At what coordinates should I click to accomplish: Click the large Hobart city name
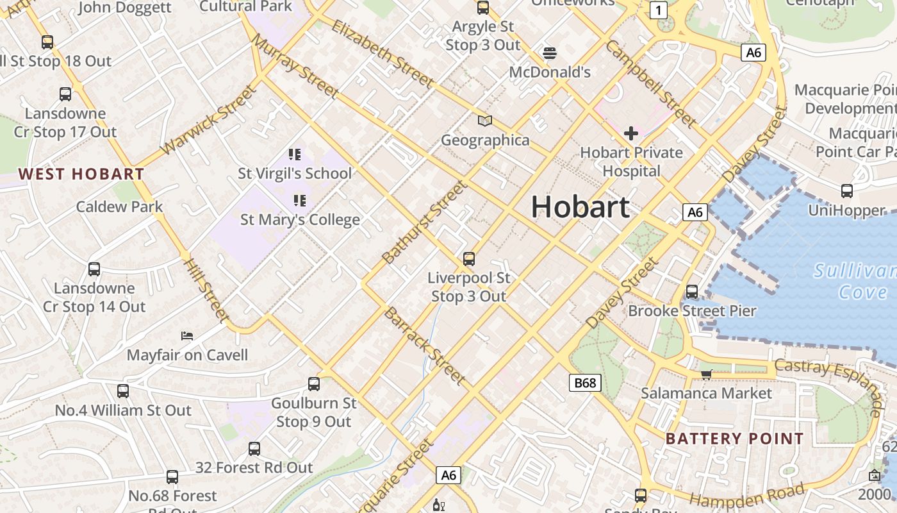(x=580, y=207)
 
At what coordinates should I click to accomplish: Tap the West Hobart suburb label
(x=81, y=174)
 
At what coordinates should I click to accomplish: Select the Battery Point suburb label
(x=734, y=439)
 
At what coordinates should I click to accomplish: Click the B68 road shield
(x=584, y=383)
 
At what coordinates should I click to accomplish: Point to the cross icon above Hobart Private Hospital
(x=631, y=133)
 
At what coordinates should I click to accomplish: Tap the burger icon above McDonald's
(x=549, y=53)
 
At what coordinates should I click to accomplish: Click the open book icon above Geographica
(x=485, y=121)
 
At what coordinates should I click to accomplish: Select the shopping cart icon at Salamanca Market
(x=706, y=374)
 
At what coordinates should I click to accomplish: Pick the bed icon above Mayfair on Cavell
(x=187, y=335)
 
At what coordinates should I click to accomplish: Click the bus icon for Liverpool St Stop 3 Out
(x=469, y=259)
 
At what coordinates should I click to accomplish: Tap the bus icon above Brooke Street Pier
(x=692, y=291)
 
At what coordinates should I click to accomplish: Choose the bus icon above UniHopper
(x=847, y=190)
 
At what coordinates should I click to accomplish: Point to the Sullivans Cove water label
(x=855, y=281)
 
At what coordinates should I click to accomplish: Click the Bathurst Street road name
(x=424, y=222)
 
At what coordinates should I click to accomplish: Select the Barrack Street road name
(x=424, y=346)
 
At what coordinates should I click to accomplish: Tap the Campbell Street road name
(x=650, y=83)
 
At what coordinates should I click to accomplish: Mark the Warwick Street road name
(x=208, y=120)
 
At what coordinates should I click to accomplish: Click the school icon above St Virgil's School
(x=295, y=154)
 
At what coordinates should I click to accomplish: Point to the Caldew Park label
(x=120, y=206)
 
